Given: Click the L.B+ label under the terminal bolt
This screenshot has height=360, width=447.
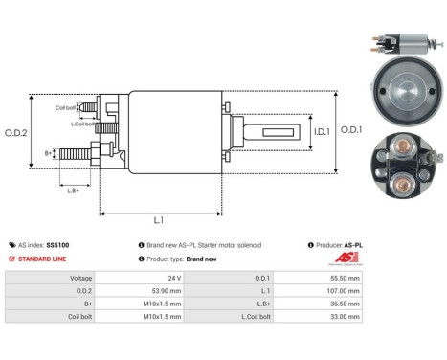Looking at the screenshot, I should pos(73,190).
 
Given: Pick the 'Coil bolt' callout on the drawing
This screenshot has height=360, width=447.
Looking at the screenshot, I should pos(66,107).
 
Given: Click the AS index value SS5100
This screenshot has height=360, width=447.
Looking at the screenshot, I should pos(57,245).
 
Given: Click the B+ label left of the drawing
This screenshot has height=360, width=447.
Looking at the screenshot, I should pos(49,152).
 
